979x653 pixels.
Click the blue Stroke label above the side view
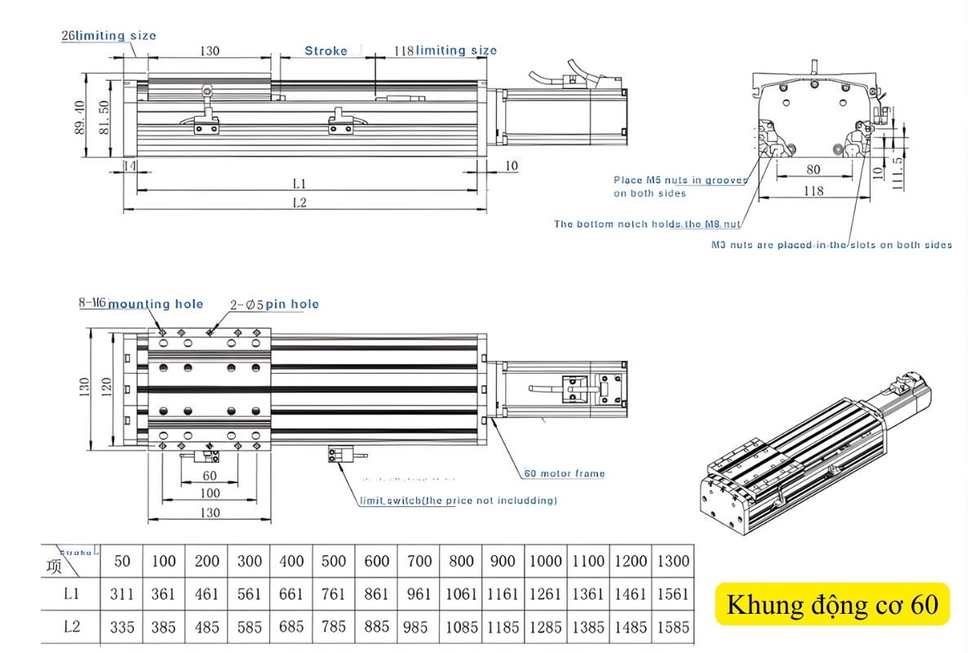(x=326, y=51)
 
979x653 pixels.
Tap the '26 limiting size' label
(x=109, y=36)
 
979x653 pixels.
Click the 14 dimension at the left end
(x=129, y=166)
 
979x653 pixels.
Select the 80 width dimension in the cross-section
(x=813, y=171)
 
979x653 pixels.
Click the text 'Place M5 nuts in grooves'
(x=680, y=180)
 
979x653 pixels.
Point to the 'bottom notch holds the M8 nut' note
(x=648, y=224)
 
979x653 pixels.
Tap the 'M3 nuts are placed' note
(x=831, y=245)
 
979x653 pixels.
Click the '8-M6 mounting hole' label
(x=140, y=304)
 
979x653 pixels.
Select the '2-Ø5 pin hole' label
(x=274, y=304)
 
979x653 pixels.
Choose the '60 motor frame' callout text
(x=564, y=473)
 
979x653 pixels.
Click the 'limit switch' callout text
(x=458, y=500)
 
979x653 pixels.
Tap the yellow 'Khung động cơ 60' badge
(x=832, y=605)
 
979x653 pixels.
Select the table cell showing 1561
(x=672, y=594)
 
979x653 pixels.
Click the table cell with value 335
(x=122, y=627)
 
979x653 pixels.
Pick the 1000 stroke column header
(x=545, y=561)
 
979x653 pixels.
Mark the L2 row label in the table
(x=72, y=627)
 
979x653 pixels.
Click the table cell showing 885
(x=376, y=627)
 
